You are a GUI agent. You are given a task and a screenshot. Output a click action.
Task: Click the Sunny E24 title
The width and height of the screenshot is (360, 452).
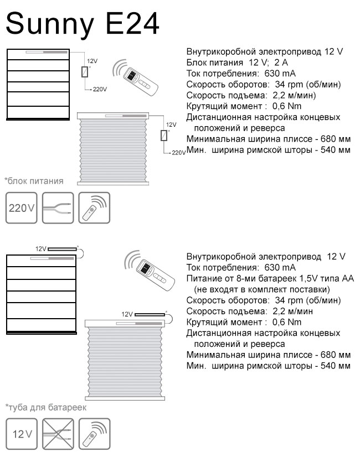click(x=83, y=24)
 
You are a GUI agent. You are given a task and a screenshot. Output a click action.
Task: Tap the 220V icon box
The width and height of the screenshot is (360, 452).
click(x=22, y=208)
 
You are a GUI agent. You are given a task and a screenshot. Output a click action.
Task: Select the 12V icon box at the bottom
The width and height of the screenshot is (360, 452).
click(x=22, y=434)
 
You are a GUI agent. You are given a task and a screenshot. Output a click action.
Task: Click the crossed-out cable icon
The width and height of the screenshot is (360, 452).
click(x=58, y=434)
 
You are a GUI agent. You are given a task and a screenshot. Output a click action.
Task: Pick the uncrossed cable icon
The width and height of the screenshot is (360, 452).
click(x=58, y=208)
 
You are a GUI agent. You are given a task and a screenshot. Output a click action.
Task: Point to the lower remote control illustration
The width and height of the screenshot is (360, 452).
click(x=150, y=270)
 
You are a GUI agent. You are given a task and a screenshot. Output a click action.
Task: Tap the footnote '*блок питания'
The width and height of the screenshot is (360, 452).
click(x=34, y=181)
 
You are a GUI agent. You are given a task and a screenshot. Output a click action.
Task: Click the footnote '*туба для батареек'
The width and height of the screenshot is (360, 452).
click(x=46, y=408)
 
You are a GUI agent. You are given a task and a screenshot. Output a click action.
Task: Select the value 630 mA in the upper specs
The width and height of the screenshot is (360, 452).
click(x=280, y=74)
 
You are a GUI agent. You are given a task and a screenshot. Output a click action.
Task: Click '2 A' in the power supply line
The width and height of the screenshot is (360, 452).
click(x=281, y=63)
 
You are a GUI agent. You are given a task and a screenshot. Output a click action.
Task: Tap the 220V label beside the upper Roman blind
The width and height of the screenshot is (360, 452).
click(x=100, y=90)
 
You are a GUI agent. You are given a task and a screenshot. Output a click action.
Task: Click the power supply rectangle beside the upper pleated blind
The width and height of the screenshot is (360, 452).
click(x=164, y=136)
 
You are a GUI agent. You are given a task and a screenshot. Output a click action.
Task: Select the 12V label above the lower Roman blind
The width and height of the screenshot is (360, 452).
click(x=40, y=249)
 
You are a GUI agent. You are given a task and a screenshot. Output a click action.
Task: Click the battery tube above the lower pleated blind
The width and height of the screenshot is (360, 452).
click(x=150, y=314)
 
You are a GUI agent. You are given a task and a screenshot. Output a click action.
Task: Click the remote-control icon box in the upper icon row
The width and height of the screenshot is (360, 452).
click(x=94, y=208)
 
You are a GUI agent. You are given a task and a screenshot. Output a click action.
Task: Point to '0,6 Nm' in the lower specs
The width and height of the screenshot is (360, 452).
click(x=287, y=323)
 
